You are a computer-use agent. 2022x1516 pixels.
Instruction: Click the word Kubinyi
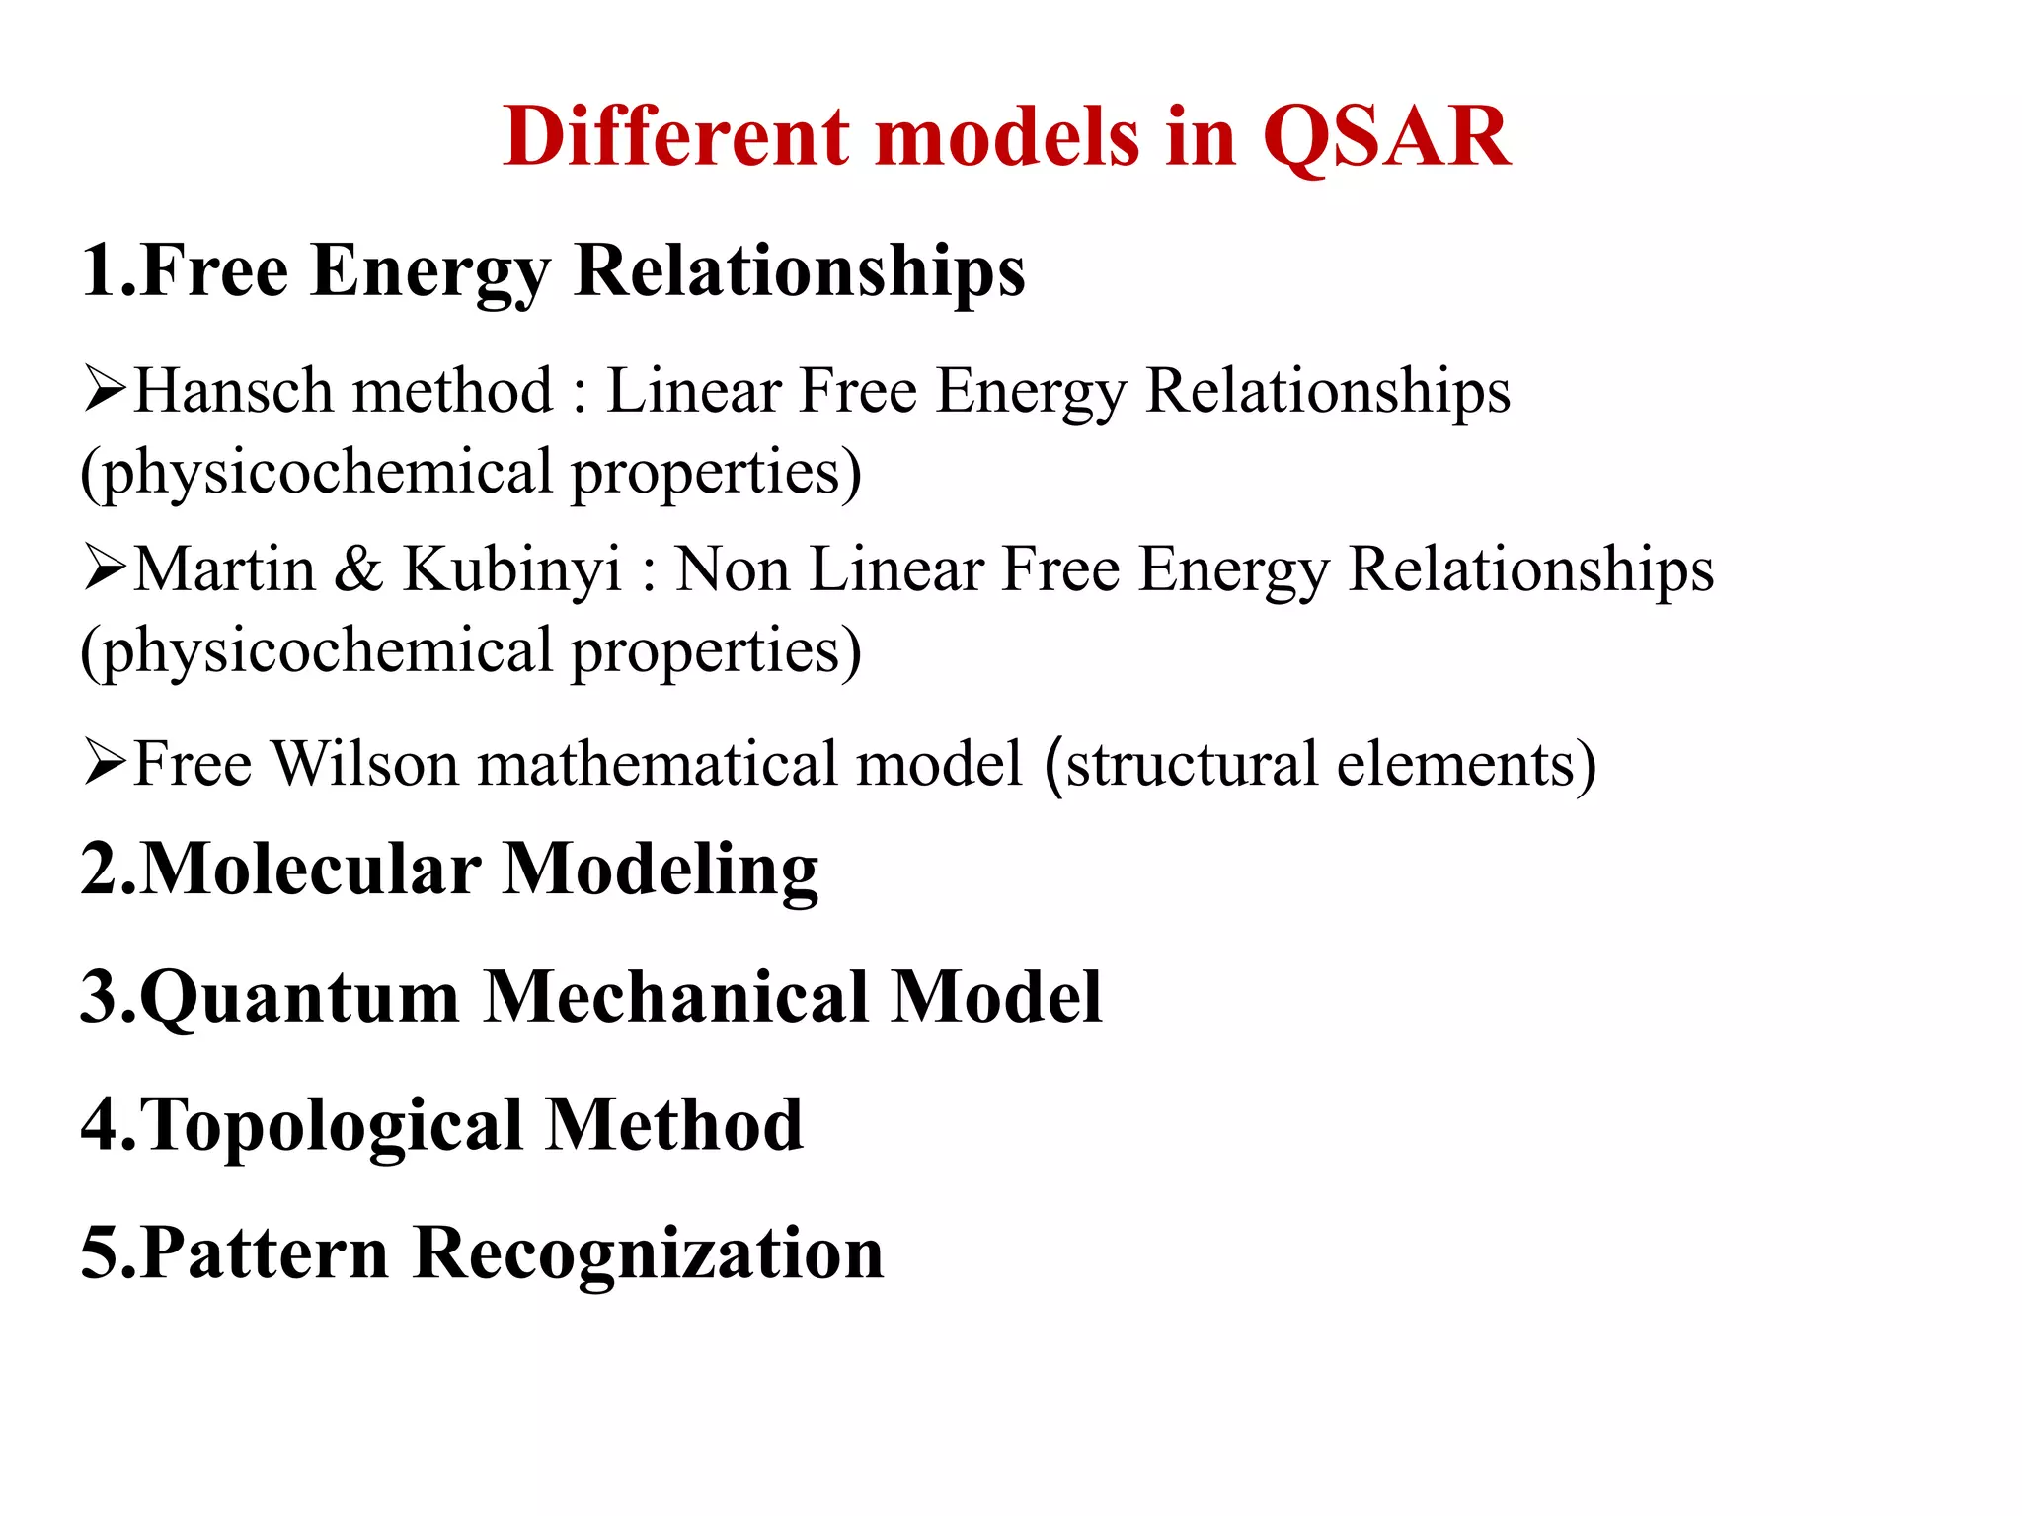pyautogui.click(x=512, y=570)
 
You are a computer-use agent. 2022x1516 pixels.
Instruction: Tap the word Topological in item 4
pyautogui.click(x=331, y=1126)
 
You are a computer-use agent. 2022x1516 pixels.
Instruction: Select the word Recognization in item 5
pyautogui.click(x=648, y=1253)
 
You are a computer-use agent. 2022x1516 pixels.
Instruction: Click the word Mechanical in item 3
pyautogui.click(x=675, y=998)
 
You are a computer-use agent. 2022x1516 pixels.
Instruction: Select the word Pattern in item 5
pyautogui.click(x=264, y=1253)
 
